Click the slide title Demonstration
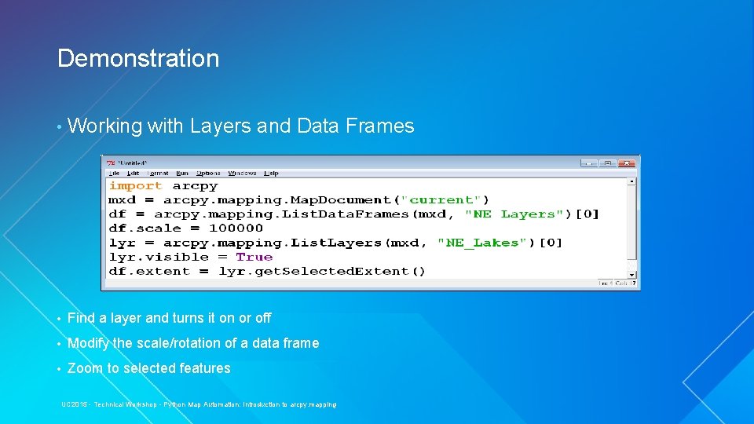pyautogui.click(x=138, y=59)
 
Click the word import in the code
pyautogui.click(x=135, y=186)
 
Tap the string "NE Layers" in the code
pyautogui.click(x=514, y=214)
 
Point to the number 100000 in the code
pyautogui.click(x=236, y=228)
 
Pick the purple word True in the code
pyautogui.click(x=254, y=257)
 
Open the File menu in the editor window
pyautogui.click(x=115, y=173)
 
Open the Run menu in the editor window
pyautogui.click(x=182, y=173)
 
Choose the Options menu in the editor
pyautogui.click(x=208, y=173)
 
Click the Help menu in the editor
pyautogui.click(x=271, y=173)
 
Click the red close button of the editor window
pyautogui.click(x=626, y=163)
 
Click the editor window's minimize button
pyautogui.click(x=588, y=163)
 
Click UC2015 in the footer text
pyautogui.click(x=75, y=404)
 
